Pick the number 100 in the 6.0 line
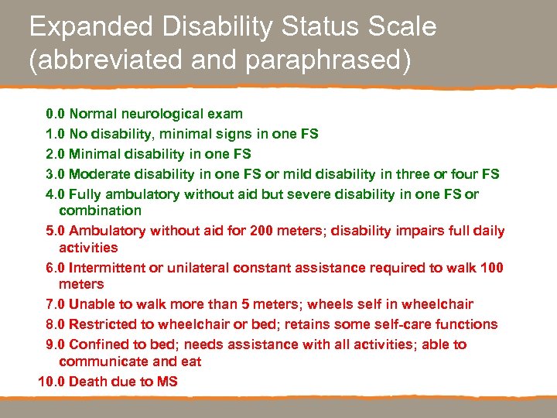(491, 268)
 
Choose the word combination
(100, 211)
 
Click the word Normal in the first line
(93, 114)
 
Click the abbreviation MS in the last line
(166, 381)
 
